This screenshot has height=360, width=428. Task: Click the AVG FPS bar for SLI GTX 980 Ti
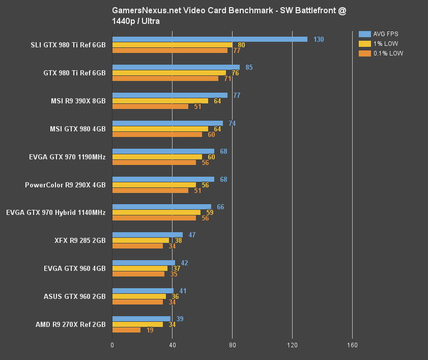point(210,39)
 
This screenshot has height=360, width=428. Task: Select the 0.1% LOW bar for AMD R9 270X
point(126,330)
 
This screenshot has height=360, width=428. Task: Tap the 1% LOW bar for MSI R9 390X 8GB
point(160,101)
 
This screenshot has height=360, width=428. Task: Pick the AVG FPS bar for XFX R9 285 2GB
point(147,235)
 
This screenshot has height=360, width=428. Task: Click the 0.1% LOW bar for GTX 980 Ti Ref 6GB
point(165,78)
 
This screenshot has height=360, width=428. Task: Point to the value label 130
point(319,39)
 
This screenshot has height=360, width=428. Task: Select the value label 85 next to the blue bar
point(249,67)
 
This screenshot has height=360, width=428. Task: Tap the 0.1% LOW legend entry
point(381,53)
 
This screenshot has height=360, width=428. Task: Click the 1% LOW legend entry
point(379,44)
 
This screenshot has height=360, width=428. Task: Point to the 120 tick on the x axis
point(292,345)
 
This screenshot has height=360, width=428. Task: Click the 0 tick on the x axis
point(112,345)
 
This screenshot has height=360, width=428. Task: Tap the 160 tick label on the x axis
point(352,345)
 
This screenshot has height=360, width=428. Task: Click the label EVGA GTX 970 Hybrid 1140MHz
point(56,213)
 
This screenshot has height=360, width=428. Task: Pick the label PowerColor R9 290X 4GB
point(65,185)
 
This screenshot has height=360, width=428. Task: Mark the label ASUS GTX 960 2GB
point(74,296)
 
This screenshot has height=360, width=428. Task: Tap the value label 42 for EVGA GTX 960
point(185,263)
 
